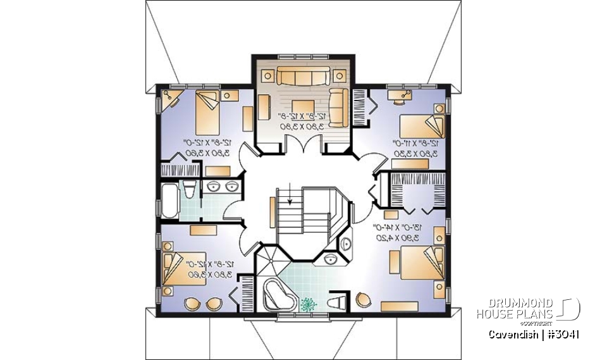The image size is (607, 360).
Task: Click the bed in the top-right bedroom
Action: click(x=420, y=126)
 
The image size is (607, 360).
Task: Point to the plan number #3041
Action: click(x=561, y=334)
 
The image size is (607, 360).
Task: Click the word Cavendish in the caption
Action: click(x=510, y=334)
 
